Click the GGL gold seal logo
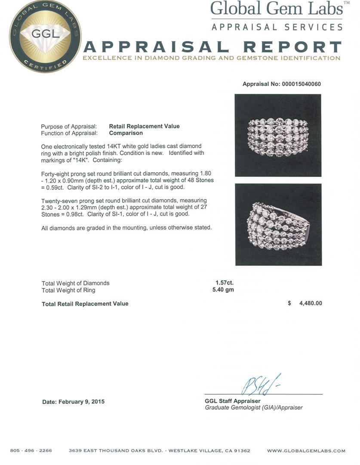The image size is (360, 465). point(45,37)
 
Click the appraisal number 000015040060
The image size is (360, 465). point(301,84)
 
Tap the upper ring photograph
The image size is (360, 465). point(278,135)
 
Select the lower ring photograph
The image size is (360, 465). point(278,224)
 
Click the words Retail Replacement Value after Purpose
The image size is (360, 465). point(144,126)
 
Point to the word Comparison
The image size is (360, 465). point(126,133)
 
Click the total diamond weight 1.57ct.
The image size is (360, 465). point(225,283)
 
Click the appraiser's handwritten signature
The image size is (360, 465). point(261,384)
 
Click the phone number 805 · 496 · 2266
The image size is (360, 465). point(31,451)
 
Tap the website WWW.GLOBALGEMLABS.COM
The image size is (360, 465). point(306,451)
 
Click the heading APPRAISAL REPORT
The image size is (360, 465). point(212,46)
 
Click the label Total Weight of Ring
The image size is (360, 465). point(68,290)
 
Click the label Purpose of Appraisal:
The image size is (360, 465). point(69,126)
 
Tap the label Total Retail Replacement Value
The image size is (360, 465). point(85,304)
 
